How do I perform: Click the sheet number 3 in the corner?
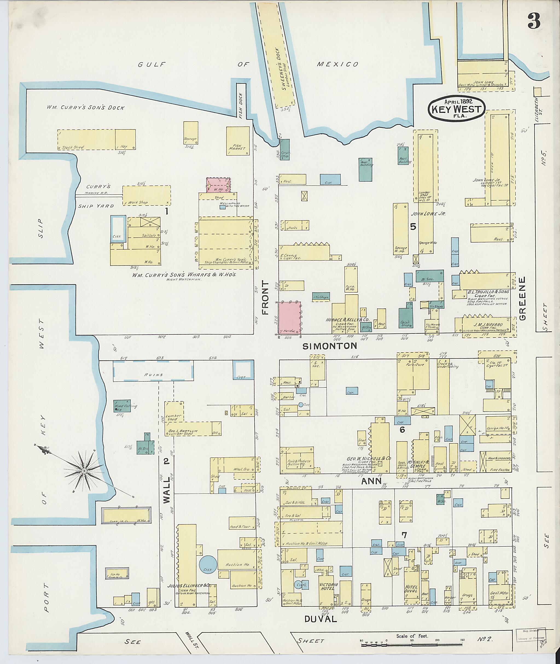pyautogui.click(x=534, y=22)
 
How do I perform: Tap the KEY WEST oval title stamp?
pyautogui.click(x=457, y=109)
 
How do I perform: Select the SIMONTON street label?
pyautogui.click(x=329, y=346)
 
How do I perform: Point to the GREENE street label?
pyautogui.click(x=523, y=298)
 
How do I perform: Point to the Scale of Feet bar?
pyautogui.click(x=412, y=644)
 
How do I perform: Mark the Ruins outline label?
pyautogui.click(x=153, y=375)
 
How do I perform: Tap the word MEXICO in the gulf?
pyautogui.click(x=337, y=65)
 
